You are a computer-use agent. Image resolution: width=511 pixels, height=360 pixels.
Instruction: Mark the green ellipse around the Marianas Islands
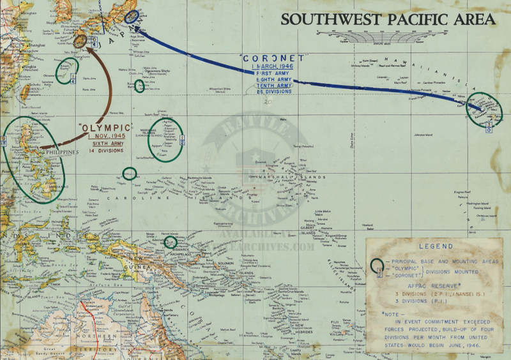point(164,138)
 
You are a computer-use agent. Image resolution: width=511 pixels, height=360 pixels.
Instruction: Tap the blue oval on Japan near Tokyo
point(133,18)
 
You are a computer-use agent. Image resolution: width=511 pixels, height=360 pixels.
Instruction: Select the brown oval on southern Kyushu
point(80,40)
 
